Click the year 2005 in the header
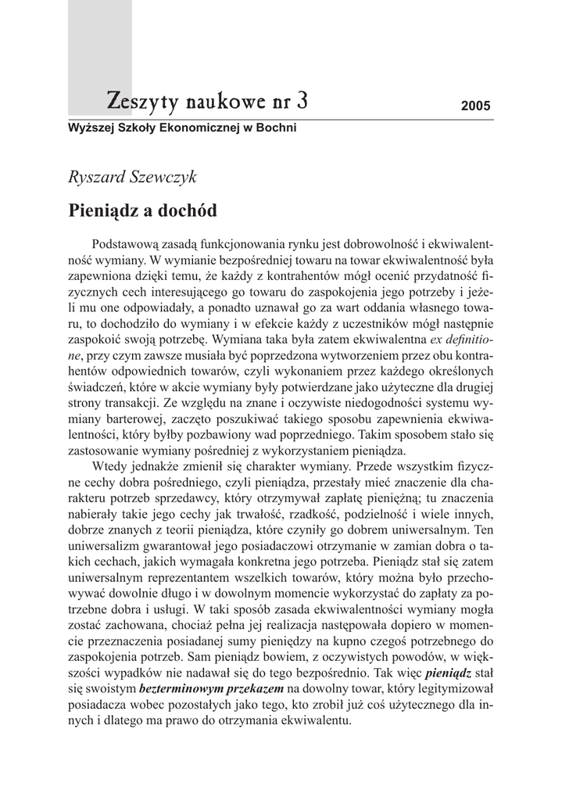(x=475, y=106)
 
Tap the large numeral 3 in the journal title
(x=302, y=100)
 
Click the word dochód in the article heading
(x=187, y=210)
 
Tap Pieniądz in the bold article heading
(x=104, y=210)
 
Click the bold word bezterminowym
(x=177, y=688)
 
